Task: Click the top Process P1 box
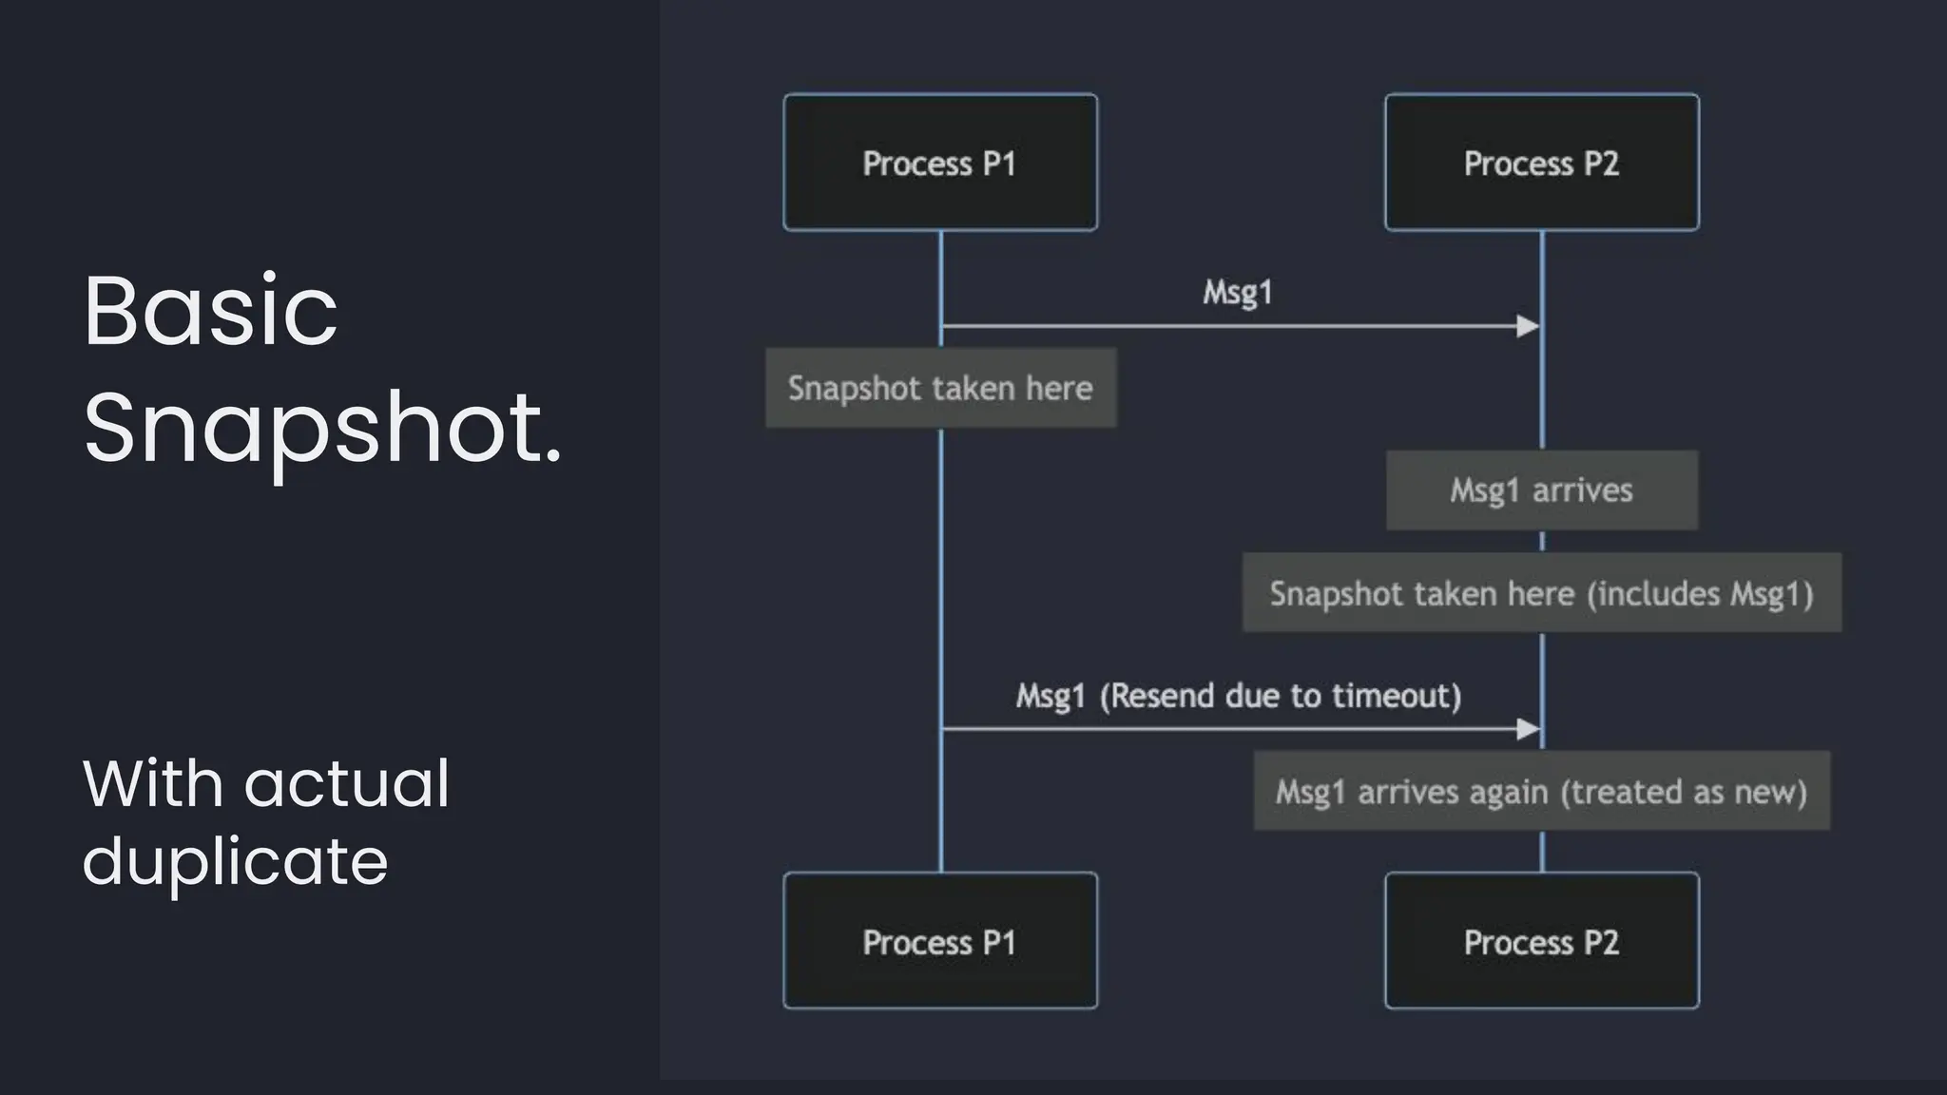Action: pos(940,163)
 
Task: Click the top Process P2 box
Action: pos(1541,163)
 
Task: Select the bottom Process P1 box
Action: pos(940,941)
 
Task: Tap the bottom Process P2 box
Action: pos(1541,941)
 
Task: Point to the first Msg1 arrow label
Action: pos(1237,292)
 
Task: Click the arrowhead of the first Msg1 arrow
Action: pos(1528,326)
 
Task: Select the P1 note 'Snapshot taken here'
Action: pos(940,388)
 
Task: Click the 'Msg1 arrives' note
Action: pos(1541,490)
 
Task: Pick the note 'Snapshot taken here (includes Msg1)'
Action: pos(1541,593)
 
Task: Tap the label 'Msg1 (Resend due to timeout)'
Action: pos(1238,696)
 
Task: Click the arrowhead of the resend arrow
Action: pos(1528,729)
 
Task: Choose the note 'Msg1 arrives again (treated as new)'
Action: pos(1541,791)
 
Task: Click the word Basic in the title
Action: pos(210,311)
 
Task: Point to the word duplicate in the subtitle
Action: pos(235,861)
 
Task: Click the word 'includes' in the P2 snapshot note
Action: pos(1655,593)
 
